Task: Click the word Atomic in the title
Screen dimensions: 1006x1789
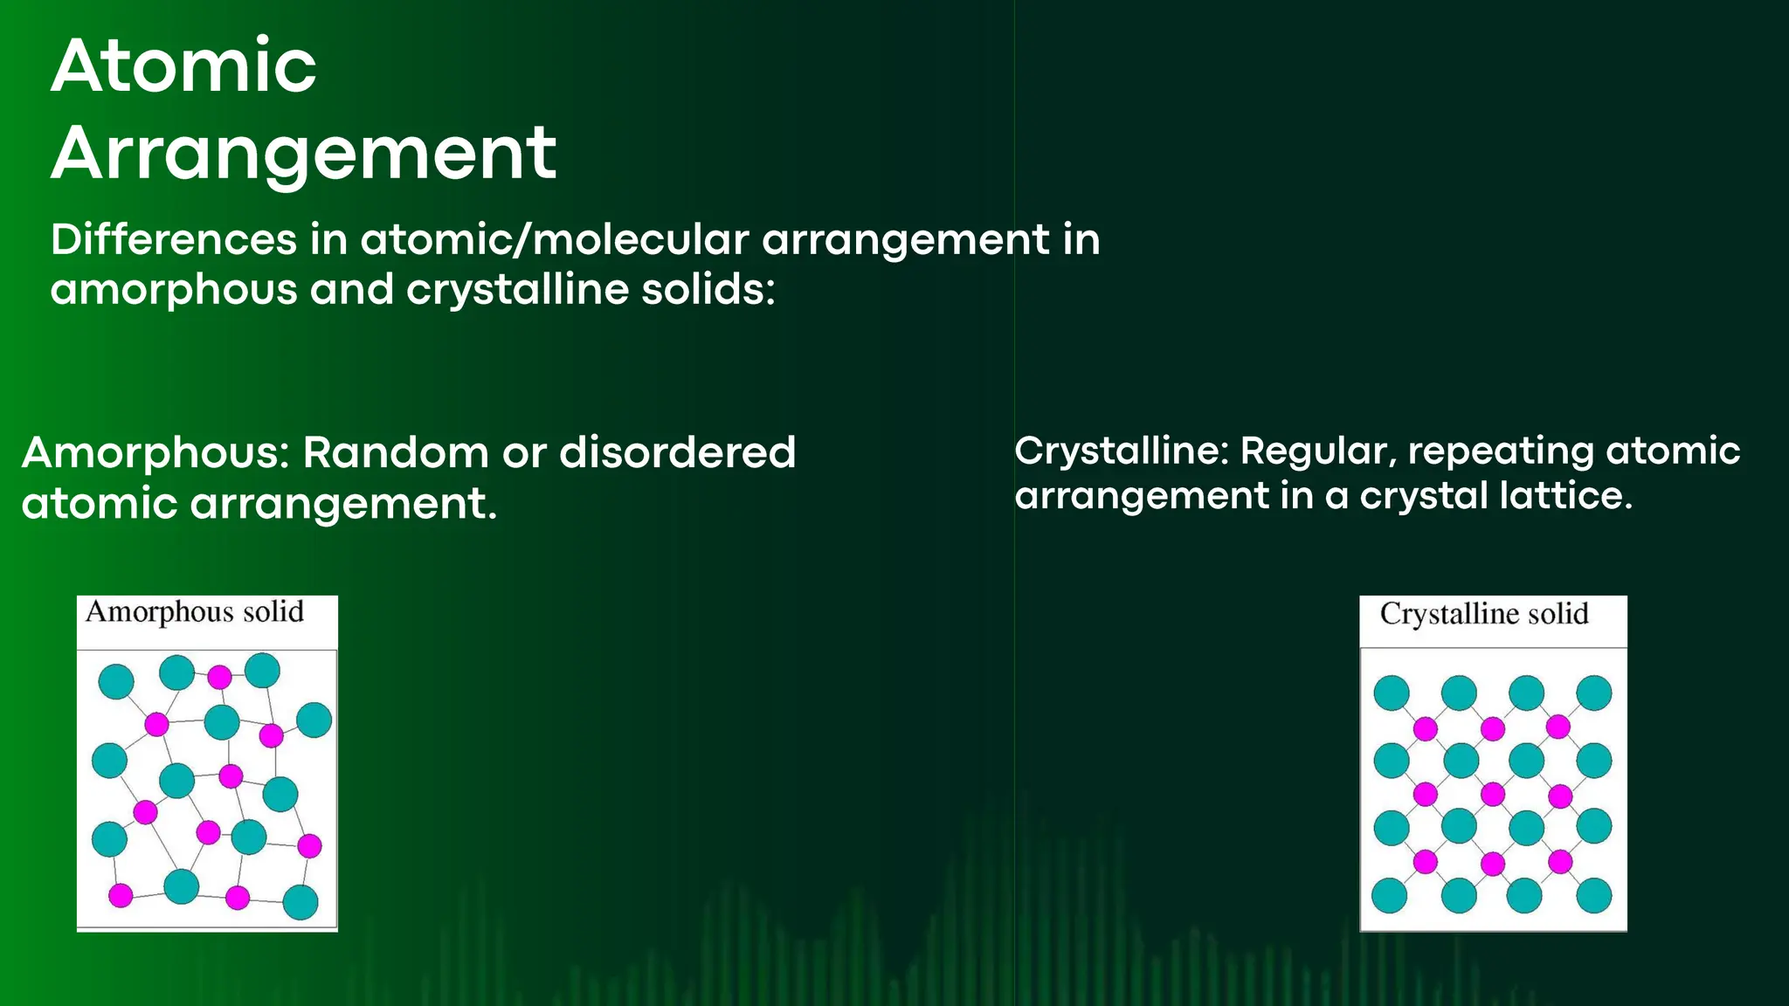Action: click(183, 66)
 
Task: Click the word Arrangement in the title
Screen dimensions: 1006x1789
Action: click(303, 154)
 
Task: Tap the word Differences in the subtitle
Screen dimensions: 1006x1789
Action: click(173, 239)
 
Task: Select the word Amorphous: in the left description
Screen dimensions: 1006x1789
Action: click(155, 452)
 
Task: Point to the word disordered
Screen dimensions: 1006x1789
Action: click(677, 452)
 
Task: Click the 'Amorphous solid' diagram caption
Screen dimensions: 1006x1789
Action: click(195, 611)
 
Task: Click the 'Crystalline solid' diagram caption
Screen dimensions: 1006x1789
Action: click(1484, 614)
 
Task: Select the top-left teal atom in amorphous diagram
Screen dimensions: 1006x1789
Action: click(116, 681)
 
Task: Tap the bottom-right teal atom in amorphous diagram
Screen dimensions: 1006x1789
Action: click(300, 902)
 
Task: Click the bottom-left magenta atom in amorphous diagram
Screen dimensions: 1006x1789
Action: click(121, 895)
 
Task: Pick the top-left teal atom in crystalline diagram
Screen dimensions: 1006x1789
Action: click(1392, 692)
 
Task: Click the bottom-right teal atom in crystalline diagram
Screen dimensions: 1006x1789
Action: click(1593, 895)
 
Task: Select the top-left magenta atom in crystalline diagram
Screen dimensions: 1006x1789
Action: click(1426, 728)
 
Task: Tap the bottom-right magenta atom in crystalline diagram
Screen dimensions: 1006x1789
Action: click(1560, 863)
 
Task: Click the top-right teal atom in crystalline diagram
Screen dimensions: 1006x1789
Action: click(1593, 692)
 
